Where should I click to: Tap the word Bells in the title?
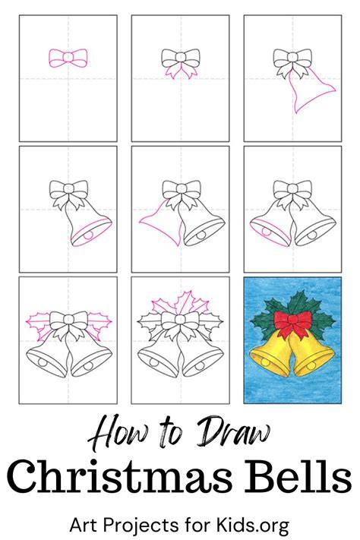click(x=298, y=476)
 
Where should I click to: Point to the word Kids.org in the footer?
click(x=252, y=526)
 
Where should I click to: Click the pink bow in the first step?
click(x=68, y=58)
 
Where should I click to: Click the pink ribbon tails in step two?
click(x=181, y=71)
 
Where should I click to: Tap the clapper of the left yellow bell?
click(x=266, y=362)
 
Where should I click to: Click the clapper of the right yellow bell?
click(x=312, y=366)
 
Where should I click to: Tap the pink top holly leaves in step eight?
click(x=181, y=303)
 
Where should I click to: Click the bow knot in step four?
click(x=68, y=188)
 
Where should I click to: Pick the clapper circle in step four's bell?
click(x=89, y=235)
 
